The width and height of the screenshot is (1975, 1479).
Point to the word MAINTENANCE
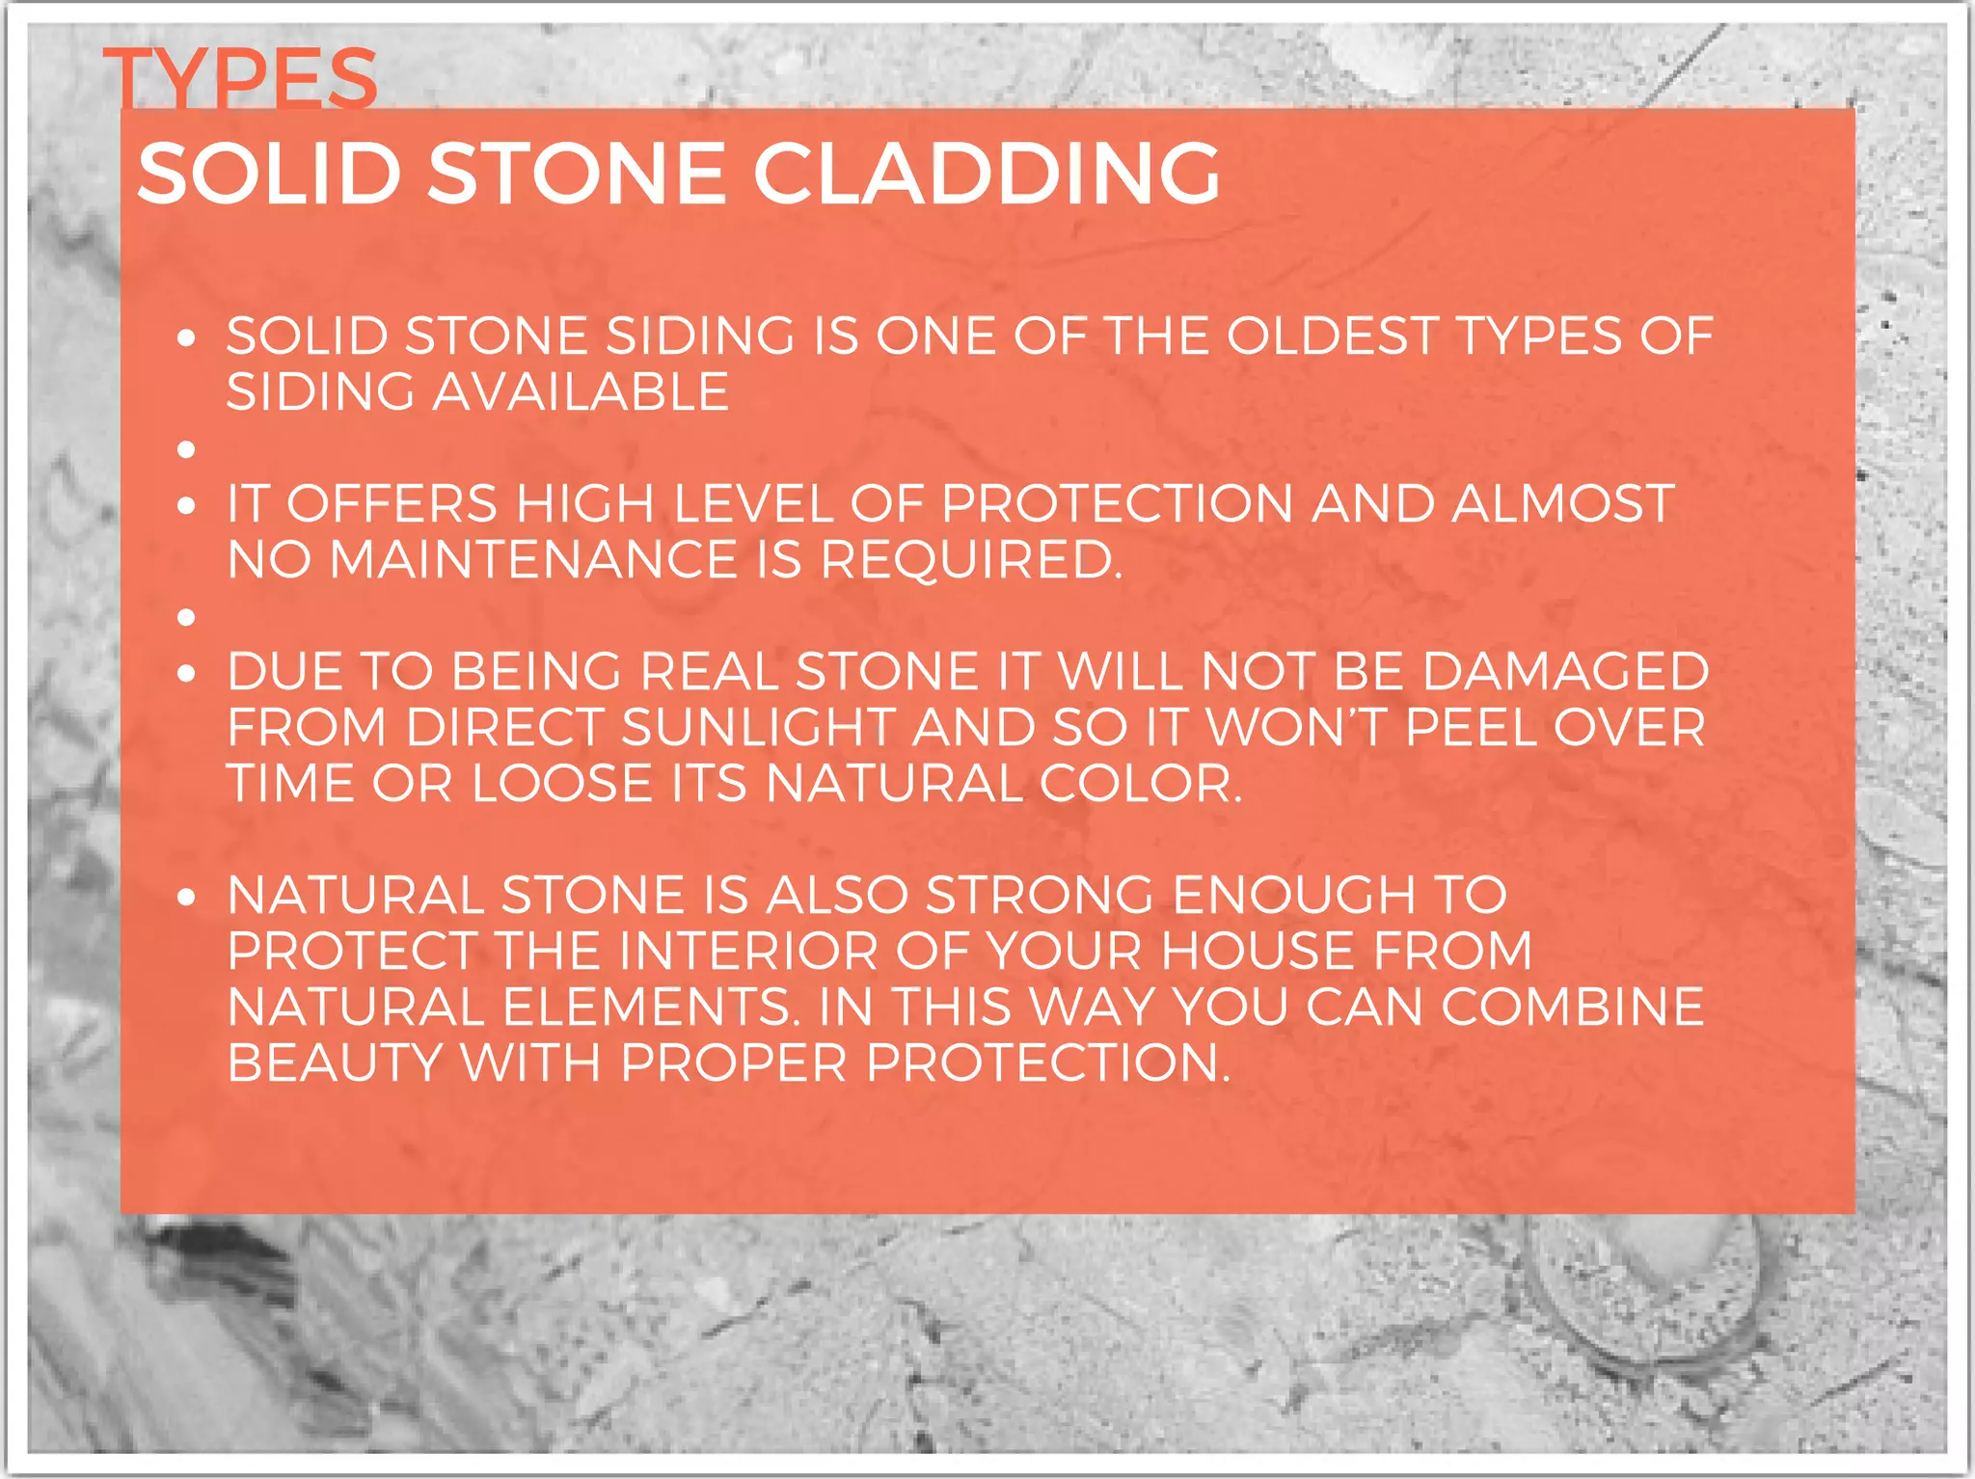[533, 560]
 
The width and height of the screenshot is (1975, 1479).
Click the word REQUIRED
[971, 560]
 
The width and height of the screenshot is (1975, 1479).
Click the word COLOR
[1140, 784]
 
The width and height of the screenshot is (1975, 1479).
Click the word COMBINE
[1572, 1008]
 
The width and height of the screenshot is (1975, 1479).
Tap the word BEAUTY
[335, 1063]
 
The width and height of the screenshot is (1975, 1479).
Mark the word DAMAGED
[1565, 672]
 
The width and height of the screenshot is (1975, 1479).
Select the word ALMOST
[1562, 504]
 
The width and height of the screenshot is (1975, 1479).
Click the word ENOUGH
[1293, 896]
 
